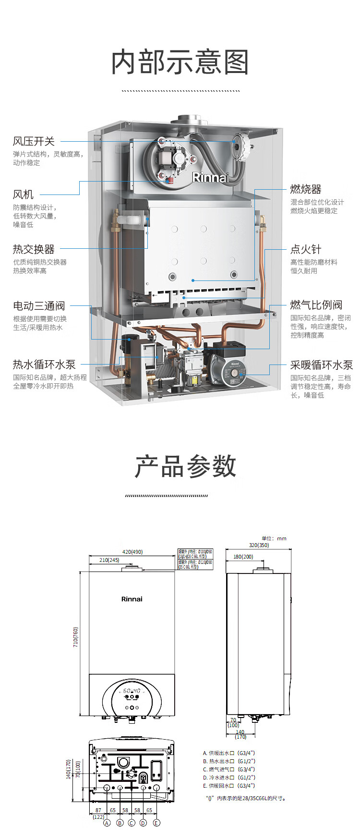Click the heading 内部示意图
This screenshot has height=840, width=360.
(x=180, y=62)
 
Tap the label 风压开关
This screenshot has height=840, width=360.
(x=34, y=141)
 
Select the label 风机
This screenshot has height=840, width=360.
(x=23, y=194)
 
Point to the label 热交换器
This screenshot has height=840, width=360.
(x=34, y=249)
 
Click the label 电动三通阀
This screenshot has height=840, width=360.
(x=38, y=306)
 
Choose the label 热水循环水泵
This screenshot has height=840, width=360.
(x=44, y=365)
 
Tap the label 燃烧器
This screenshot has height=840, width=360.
(x=305, y=189)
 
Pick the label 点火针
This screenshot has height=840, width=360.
(x=305, y=249)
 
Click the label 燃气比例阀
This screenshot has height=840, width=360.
(x=316, y=305)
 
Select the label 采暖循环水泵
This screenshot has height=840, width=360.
(x=321, y=365)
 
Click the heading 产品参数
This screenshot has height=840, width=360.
(x=185, y=466)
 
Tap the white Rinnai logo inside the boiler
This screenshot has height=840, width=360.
(x=209, y=178)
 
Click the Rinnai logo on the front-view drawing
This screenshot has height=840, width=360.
(x=132, y=599)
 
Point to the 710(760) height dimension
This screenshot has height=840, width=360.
(x=75, y=637)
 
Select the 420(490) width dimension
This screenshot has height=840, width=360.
(x=132, y=552)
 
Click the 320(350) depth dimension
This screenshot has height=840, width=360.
(x=259, y=545)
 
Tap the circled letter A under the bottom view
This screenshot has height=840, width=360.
(x=107, y=823)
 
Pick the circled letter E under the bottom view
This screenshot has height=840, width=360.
(x=156, y=823)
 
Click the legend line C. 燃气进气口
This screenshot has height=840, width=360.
(x=229, y=769)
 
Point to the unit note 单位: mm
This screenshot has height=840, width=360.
(x=274, y=538)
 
